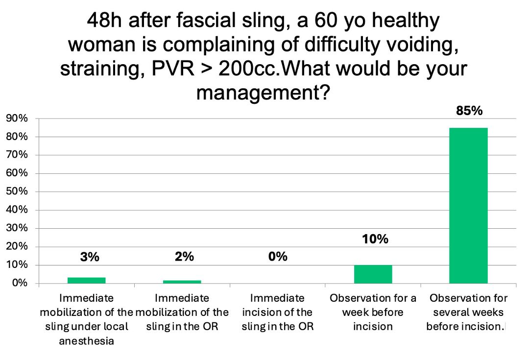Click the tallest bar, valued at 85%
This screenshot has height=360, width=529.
468,206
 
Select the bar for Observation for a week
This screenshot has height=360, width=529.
373,274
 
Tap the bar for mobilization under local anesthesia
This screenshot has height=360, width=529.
87,280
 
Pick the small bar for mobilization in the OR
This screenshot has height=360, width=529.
182,282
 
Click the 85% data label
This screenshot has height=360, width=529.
469,111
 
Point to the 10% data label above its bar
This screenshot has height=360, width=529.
375,239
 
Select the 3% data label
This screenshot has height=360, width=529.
90,257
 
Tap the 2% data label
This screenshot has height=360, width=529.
184,257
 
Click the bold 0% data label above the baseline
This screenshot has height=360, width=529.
278,257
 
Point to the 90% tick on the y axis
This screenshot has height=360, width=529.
17,119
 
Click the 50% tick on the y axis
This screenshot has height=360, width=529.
17,192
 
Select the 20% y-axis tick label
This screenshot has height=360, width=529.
17,246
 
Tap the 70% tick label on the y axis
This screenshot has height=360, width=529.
17,155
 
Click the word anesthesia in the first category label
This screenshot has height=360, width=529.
86,341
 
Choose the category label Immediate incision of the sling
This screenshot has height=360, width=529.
278,312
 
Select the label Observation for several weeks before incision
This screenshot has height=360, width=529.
468,312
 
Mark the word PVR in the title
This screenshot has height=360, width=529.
173,69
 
